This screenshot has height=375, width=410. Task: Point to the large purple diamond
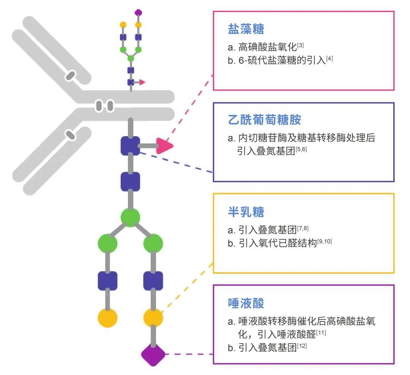point(153,355)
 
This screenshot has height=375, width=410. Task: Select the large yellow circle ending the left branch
point(107,318)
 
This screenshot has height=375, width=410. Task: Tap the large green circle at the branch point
point(130,217)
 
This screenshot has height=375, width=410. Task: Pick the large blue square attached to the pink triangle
point(130,146)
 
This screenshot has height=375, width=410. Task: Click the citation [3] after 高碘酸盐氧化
point(301,46)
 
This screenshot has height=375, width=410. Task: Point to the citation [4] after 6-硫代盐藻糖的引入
point(329,58)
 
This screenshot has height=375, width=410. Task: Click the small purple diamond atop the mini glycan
point(138,13)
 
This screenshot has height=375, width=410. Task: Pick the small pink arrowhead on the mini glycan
point(142,82)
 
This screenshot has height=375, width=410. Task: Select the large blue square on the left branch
point(107,281)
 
